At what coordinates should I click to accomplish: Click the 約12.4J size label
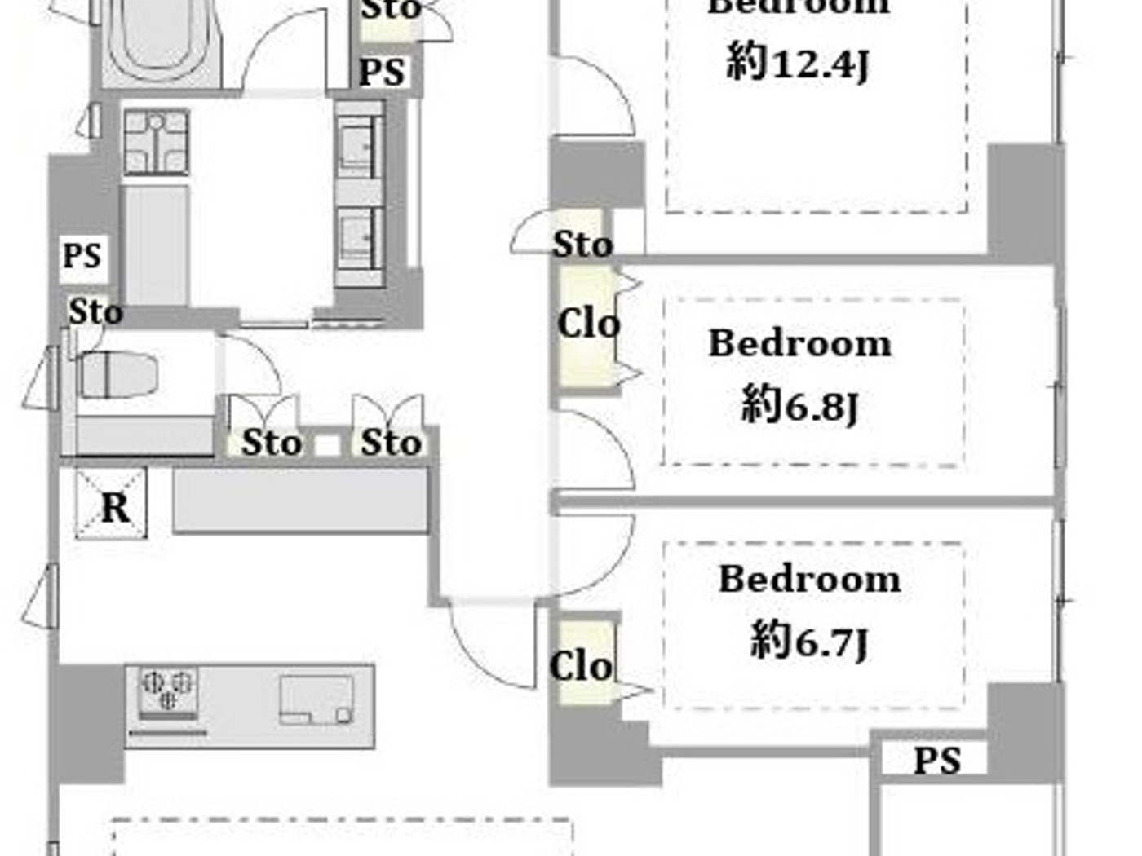click(x=798, y=63)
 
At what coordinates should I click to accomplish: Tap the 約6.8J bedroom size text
click(x=799, y=404)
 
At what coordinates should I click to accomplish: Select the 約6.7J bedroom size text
click(x=808, y=640)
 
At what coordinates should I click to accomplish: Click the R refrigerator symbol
click(x=113, y=505)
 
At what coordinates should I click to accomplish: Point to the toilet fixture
click(x=119, y=375)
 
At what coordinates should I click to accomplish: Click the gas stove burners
click(x=168, y=690)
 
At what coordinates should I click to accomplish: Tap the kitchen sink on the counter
click(x=316, y=699)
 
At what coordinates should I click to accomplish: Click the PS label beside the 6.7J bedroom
click(x=936, y=761)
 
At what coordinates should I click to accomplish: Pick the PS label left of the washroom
click(x=82, y=256)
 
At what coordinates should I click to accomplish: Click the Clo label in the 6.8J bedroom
click(x=587, y=324)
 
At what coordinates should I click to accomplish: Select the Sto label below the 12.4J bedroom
click(x=582, y=244)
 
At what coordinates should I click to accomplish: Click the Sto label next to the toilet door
click(x=272, y=443)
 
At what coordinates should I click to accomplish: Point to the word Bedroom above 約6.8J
click(x=799, y=343)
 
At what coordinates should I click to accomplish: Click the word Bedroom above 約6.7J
click(x=809, y=580)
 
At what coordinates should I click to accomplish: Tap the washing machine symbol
click(x=156, y=143)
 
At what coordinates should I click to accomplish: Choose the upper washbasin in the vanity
click(x=359, y=147)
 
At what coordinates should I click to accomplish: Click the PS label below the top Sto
click(x=382, y=72)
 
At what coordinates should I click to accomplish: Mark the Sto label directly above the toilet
click(x=95, y=311)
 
